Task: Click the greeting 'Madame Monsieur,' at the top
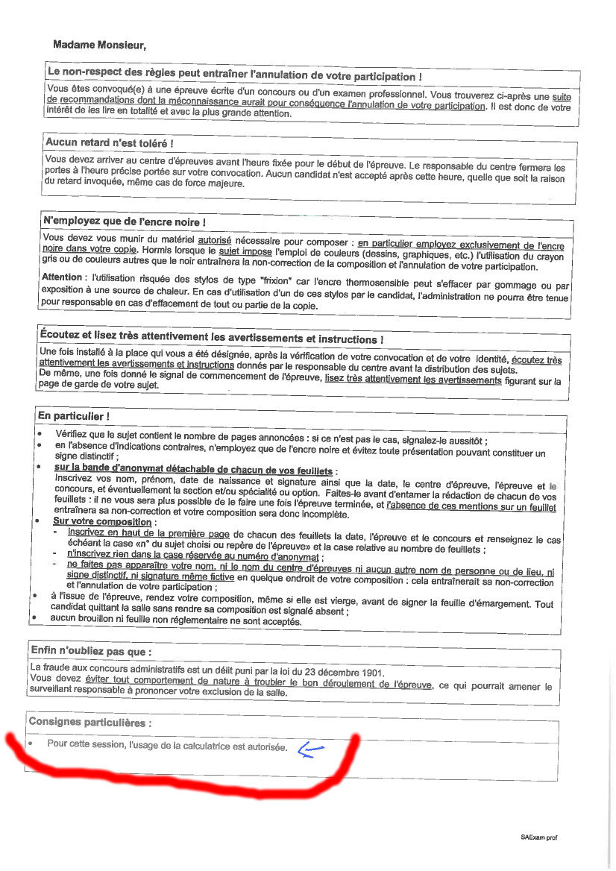click(99, 45)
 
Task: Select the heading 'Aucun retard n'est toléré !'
click(110, 142)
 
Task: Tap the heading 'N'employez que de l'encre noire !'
click(124, 221)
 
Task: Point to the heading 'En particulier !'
click(73, 415)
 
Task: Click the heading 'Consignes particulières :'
click(89, 722)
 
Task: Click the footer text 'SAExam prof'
click(538, 837)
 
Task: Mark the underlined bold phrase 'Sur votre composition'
click(102, 522)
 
